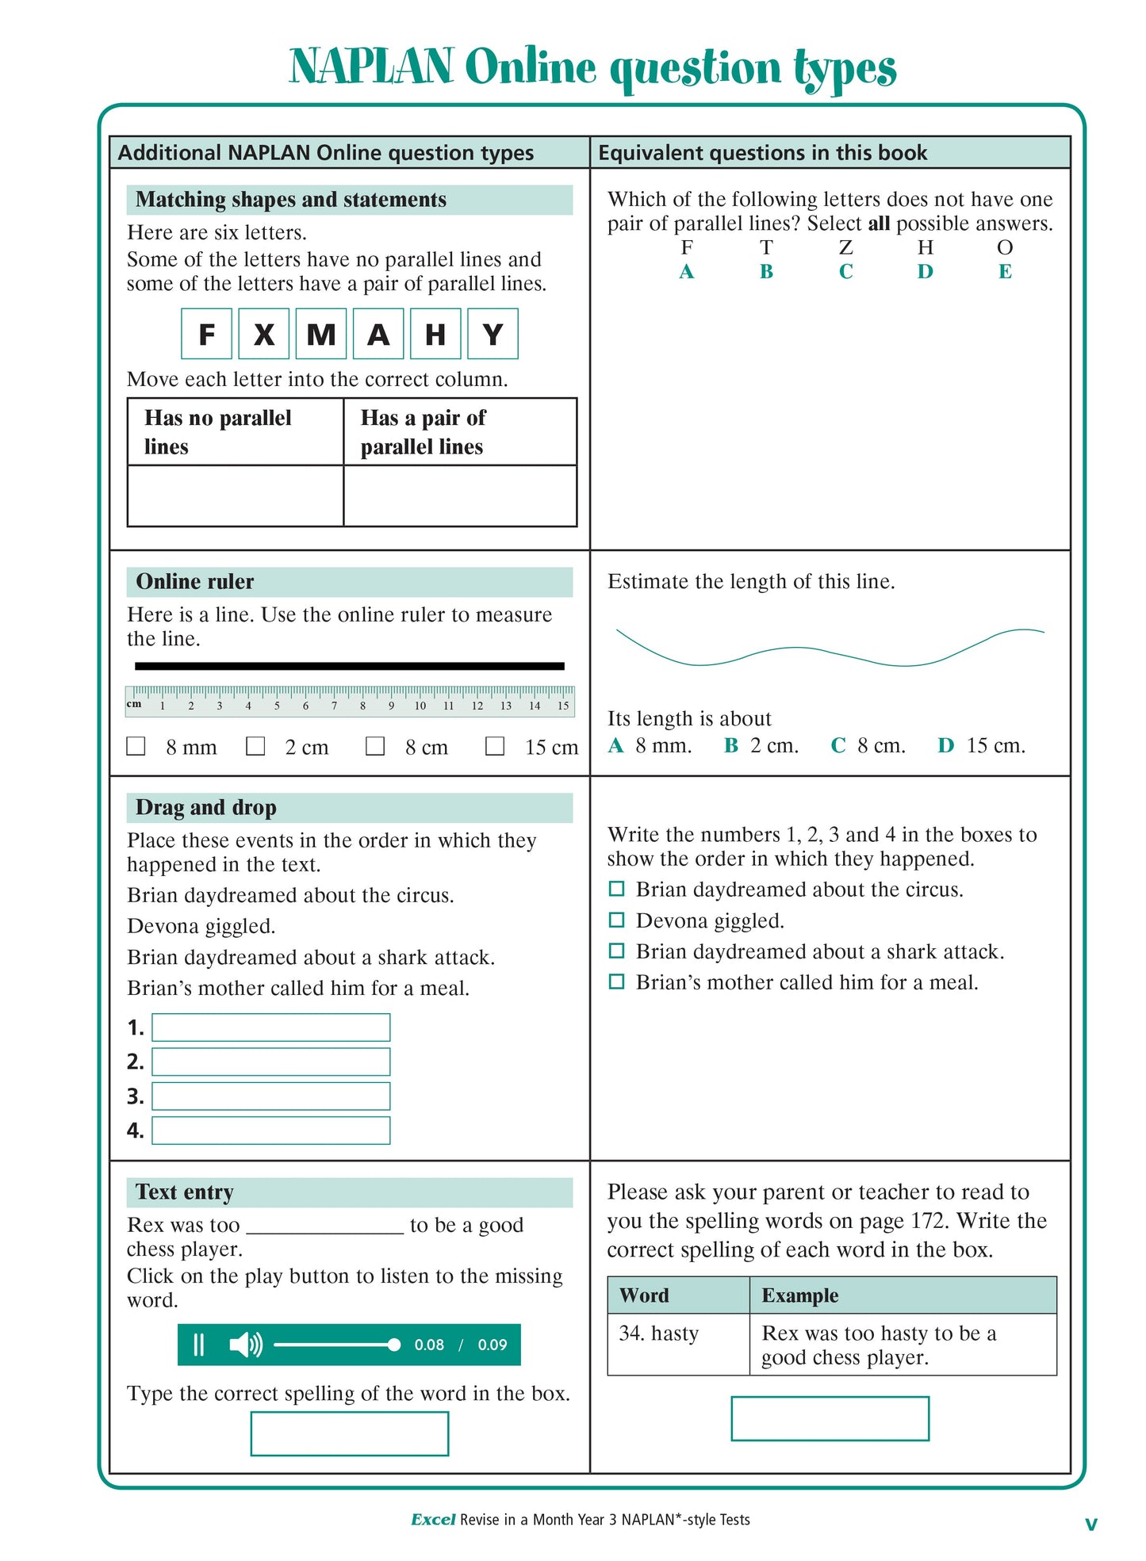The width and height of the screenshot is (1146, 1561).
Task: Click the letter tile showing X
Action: [264, 335]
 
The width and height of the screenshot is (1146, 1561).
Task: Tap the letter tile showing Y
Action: [493, 335]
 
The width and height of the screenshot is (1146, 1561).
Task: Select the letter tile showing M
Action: [321, 335]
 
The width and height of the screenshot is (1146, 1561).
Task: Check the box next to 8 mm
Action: [136, 746]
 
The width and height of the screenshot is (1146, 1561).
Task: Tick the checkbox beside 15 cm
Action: [495, 746]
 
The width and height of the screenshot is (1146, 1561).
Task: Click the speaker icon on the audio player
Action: [245, 1345]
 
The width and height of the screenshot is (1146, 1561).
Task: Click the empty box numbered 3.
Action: [270, 1096]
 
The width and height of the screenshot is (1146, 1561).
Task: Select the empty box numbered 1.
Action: [270, 1027]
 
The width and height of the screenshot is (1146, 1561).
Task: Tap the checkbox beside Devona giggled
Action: [616, 920]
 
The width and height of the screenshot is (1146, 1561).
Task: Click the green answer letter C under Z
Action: [846, 272]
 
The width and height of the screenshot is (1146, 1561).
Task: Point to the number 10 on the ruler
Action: [420, 706]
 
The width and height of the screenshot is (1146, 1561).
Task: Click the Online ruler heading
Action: [195, 582]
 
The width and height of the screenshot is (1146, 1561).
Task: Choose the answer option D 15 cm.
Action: [982, 745]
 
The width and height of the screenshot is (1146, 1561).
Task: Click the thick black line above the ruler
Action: [349, 666]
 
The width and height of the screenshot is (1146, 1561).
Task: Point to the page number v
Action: [1091, 1523]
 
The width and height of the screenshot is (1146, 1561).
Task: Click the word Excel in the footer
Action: [433, 1520]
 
